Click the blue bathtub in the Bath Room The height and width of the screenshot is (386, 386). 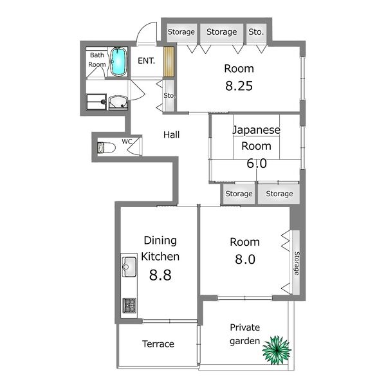tap(118, 62)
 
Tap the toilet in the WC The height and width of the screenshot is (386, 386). tap(106, 148)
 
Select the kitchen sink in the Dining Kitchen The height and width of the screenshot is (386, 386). tap(129, 266)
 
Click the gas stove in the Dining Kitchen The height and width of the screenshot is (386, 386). tap(129, 305)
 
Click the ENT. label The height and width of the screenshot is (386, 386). tap(146, 61)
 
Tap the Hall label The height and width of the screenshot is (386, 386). tap(171, 134)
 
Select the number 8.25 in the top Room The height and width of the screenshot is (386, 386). tap(239, 86)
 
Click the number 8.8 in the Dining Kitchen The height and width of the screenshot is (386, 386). tap(160, 275)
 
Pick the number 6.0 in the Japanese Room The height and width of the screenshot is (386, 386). tap(257, 163)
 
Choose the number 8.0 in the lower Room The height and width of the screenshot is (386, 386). tap(245, 259)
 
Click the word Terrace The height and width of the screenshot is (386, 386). tap(158, 344)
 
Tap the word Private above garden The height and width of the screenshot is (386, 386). tap(244, 327)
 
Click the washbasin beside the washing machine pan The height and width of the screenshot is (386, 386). tap(118, 103)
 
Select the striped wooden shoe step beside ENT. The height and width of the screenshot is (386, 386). tap(169, 62)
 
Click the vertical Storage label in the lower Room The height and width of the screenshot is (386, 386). tap(297, 263)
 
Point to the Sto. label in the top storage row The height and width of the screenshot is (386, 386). tap(256, 32)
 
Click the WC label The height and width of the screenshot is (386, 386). tap(127, 142)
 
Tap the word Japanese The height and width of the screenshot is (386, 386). tap(257, 130)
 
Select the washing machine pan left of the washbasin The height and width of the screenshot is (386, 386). tap(96, 102)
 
